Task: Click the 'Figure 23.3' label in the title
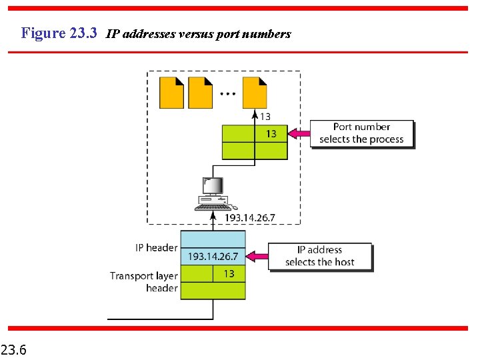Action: click(59, 33)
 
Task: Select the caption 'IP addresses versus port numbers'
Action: click(199, 34)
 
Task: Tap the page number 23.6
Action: click(14, 348)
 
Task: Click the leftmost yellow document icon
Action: click(171, 93)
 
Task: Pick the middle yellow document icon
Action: click(200, 93)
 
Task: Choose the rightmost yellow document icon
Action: click(254, 93)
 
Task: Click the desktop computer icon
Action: click(212, 194)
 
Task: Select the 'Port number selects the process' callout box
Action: click(361, 133)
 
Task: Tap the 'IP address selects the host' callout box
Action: click(320, 256)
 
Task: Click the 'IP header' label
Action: click(156, 248)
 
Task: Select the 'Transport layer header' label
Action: click(144, 281)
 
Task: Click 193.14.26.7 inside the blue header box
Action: click(213, 257)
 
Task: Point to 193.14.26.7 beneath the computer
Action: click(249, 218)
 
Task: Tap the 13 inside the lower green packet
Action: click(229, 273)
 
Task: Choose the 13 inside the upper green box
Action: click(271, 134)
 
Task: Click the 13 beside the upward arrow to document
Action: click(265, 117)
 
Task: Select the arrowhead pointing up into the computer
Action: click(213, 208)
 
